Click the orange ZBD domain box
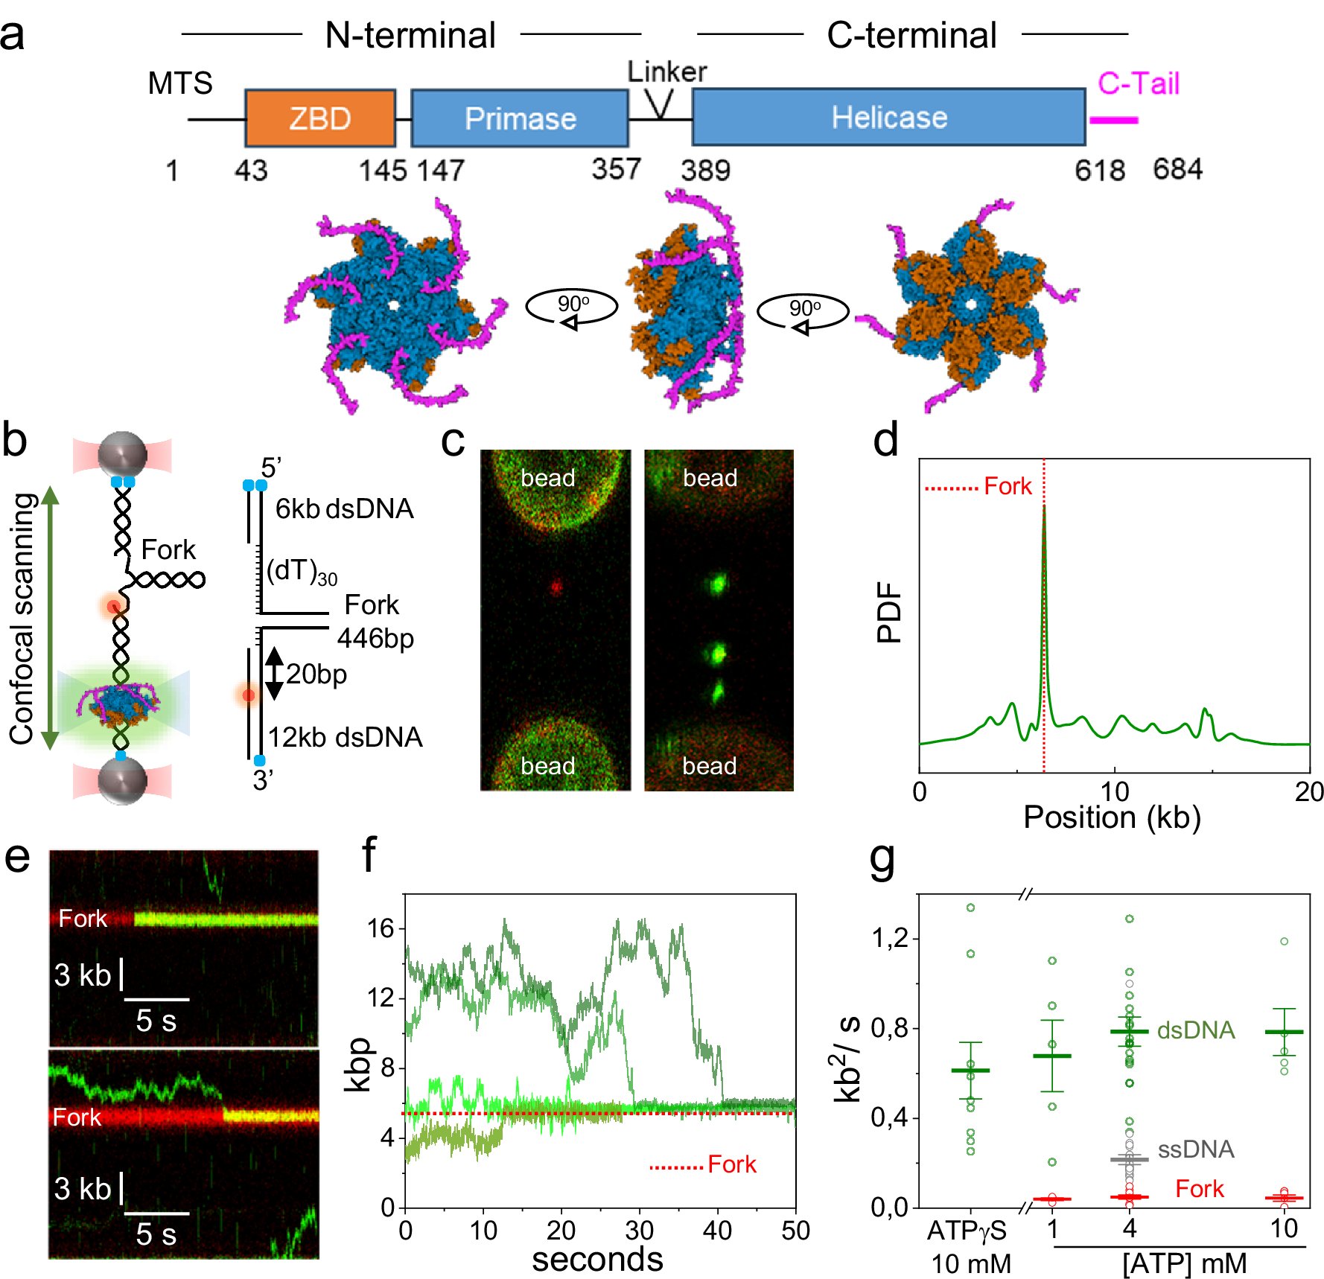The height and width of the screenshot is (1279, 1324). coord(320,118)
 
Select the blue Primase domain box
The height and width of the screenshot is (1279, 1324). coord(520,118)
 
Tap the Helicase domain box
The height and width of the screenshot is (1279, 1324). coord(888,117)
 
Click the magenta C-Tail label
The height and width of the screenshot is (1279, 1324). coord(1138,83)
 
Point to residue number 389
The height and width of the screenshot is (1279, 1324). coord(705,170)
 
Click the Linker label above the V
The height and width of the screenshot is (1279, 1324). coord(666,71)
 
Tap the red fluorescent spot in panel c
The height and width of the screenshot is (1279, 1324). coord(556,587)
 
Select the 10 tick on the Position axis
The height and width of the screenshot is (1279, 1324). coord(1114,791)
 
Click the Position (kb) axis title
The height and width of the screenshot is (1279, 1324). coord(1112,817)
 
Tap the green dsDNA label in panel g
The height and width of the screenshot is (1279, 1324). coord(1196,1030)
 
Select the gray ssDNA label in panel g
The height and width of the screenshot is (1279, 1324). coord(1196,1149)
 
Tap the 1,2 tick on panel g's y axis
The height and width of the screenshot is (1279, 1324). coord(890,938)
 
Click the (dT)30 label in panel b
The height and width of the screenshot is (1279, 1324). coord(302,572)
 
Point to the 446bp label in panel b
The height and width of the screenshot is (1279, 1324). coord(375,639)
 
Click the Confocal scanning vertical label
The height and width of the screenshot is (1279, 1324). coord(22,618)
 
